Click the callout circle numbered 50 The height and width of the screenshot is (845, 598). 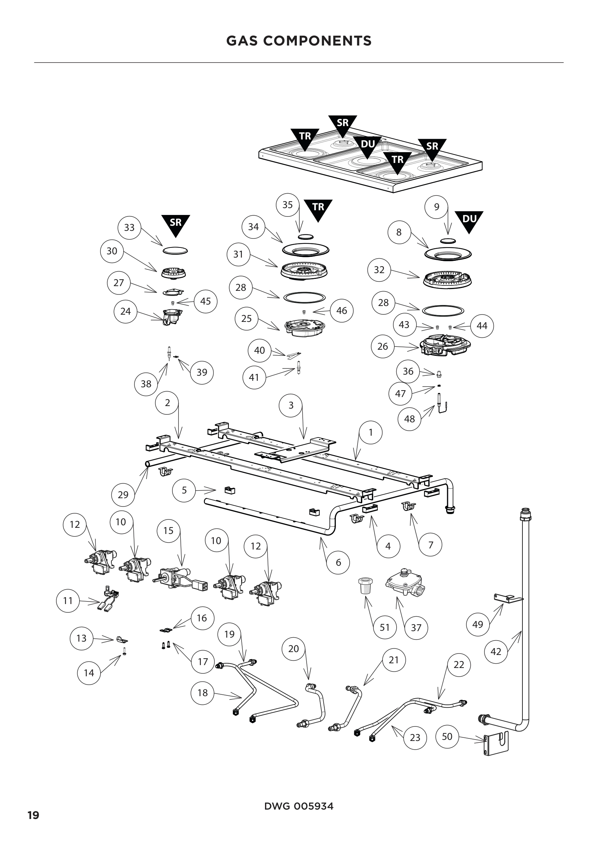[x=447, y=736]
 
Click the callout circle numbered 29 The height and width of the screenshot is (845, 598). [x=123, y=494]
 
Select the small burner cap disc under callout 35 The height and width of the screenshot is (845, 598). [x=305, y=236]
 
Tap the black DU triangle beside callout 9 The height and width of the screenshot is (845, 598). [x=469, y=221]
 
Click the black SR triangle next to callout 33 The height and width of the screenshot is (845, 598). [x=176, y=224]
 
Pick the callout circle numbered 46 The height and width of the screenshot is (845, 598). [x=341, y=311]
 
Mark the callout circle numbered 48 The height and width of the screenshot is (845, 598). [x=410, y=418]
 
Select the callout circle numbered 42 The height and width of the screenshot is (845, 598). [x=496, y=651]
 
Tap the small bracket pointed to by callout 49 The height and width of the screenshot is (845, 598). [x=508, y=599]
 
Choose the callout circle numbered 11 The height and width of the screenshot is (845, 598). [x=68, y=601]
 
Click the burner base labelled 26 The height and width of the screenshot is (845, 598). [x=445, y=345]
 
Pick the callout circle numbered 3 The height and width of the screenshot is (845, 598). [x=291, y=405]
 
